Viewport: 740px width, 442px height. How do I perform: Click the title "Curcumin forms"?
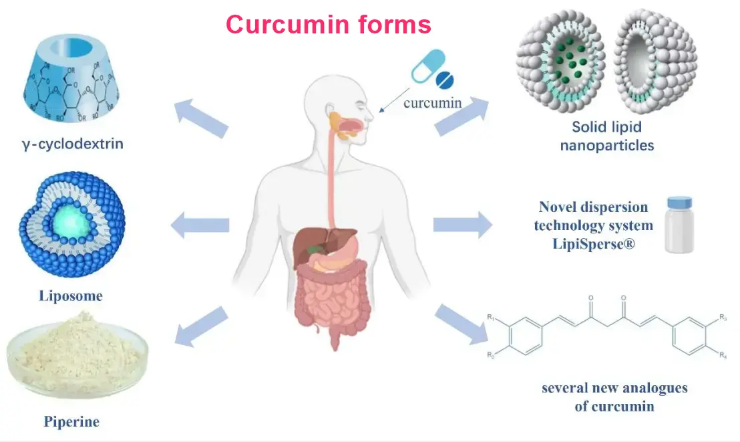pos(328,25)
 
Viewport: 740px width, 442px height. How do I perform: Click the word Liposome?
pos(70,295)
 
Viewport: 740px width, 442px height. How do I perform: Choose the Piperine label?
pos(71,421)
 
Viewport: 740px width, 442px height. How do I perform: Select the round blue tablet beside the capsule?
pos(444,81)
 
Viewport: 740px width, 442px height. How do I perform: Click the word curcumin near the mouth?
pos(432,103)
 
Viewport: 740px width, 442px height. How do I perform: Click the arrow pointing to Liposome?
pos(200,225)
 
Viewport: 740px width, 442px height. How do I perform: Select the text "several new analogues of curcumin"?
pos(614,397)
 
